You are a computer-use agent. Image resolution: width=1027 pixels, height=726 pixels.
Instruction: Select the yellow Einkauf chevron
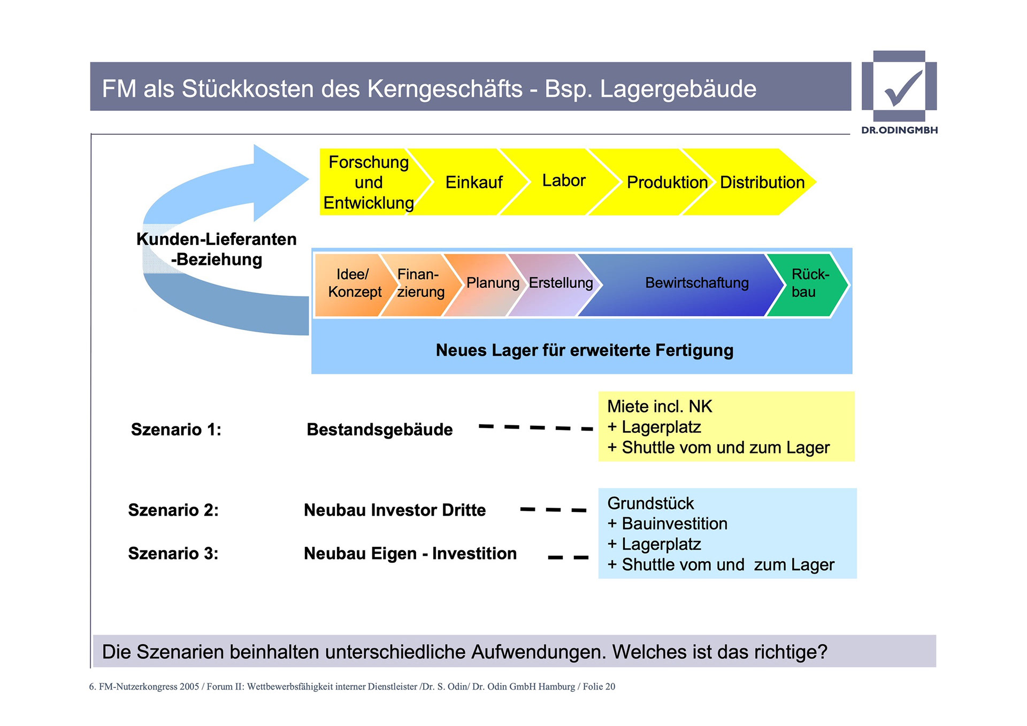coord(473,182)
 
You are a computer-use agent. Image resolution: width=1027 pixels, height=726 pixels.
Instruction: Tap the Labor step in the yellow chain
coord(564,181)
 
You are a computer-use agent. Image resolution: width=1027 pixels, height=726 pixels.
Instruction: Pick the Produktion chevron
coord(666,182)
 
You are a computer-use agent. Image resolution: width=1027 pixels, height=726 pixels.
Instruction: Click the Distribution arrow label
coord(762,182)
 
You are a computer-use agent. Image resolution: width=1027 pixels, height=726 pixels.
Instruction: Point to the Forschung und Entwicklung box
coord(369,182)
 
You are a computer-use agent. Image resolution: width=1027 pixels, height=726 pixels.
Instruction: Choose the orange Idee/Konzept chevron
coord(354,283)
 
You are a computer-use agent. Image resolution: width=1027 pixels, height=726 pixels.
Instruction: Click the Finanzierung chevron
coord(420,283)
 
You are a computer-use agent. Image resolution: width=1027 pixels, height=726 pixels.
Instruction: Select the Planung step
coord(493,283)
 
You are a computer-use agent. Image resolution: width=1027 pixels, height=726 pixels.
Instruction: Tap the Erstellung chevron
coord(561,283)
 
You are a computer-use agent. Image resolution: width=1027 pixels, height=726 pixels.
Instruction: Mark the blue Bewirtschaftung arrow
coord(696,283)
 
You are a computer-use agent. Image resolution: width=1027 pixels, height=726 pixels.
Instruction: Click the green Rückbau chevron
coord(809,283)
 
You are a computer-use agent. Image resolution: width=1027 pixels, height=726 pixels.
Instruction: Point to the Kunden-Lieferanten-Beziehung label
coord(216,249)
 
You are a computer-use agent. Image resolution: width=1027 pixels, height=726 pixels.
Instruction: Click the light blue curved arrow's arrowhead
coord(278,182)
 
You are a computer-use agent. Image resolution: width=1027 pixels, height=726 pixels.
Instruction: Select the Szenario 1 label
coord(176,430)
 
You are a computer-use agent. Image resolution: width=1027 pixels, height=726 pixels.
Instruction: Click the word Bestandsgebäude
coord(379,430)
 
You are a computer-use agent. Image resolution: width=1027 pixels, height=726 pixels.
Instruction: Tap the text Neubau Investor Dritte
coord(395,510)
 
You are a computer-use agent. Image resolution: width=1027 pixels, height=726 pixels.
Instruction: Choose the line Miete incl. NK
coord(660,407)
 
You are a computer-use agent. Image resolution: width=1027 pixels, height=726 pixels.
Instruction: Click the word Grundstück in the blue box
coord(650,503)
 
